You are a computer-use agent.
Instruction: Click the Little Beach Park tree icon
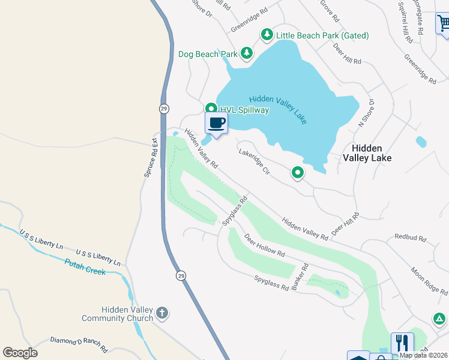pyautogui.click(x=267, y=35)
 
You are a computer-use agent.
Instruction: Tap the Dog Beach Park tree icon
pyautogui.click(x=246, y=54)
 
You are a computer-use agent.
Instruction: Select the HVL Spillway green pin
pyautogui.click(x=211, y=109)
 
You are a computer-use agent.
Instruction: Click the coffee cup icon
pyautogui.click(x=217, y=123)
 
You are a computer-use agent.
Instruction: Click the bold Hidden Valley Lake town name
pyautogui.click(x=367, y=153)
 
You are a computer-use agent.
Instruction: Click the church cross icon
pyautogui.click(x=161, y=313)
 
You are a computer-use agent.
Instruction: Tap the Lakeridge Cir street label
pyautogui.click(x=255, y=162)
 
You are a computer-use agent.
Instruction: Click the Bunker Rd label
pyautogui.click(x=300, y=277)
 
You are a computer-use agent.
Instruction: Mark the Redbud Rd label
pyautogui.click(x=410, y=238)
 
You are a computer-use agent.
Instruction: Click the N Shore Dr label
pyautogui.click(x=366, y=113)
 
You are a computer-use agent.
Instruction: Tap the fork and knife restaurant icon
pyautogui.click(x=402, y=343)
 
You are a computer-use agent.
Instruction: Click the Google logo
pyautogui.click(x=20, y=353)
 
